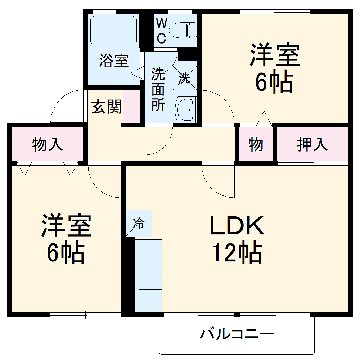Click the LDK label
point(237,226)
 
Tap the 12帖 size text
point(237,253)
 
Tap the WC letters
point(161,31)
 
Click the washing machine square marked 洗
point(185,78)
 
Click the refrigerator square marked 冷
point(139,223)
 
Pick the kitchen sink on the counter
point(150,258)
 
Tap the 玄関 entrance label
point(106,107)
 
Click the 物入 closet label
point(48,144)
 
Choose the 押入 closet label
point(312,144)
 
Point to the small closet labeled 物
point(256,144)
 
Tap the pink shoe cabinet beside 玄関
point(132,107)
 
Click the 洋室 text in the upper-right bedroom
point(275,55)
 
